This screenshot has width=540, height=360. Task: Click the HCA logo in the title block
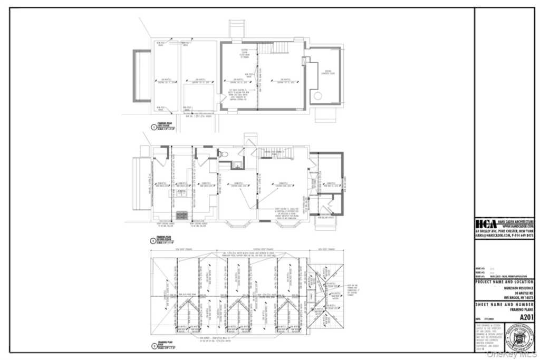pyautogui.click(x=486, y=223)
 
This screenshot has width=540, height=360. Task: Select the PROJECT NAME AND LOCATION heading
pyautogui.click(x=505, y=282)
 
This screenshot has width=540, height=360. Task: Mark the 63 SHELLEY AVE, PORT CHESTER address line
pyautogui.click(x=505, y=231)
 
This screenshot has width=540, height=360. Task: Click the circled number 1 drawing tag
pyautogui.click(x=153, y=127)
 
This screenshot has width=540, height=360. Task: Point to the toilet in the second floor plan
pyautogui.click(x=224, y=154)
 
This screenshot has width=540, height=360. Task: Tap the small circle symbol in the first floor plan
pyautogui.click(x=318, y=96)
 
